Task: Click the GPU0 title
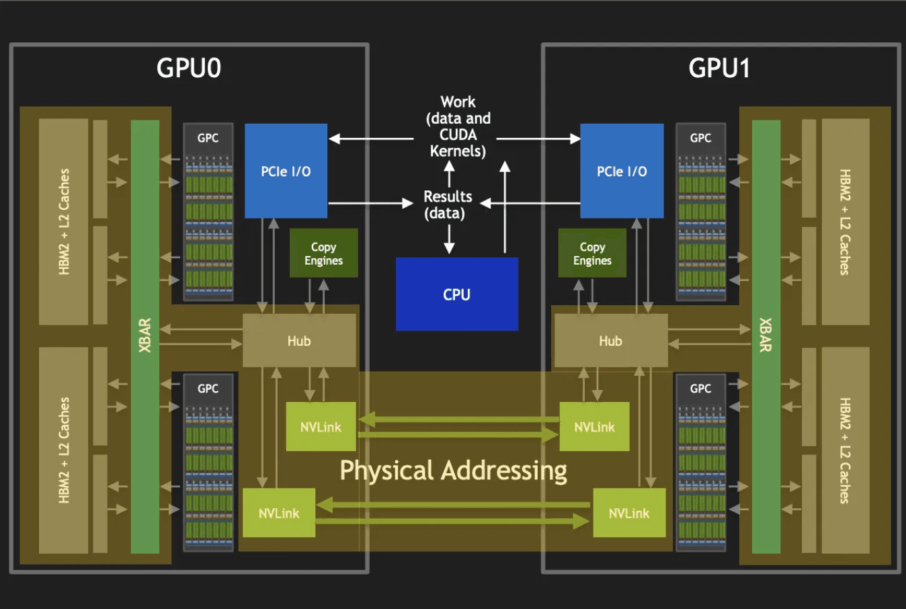point(189,68)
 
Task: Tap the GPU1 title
point(719,68)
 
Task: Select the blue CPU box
point(457,294)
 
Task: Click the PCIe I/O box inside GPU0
point(286,171)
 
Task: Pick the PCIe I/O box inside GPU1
point(622,171)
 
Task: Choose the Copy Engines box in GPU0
point(323,253)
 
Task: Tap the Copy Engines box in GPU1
point(593,253)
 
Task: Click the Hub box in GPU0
point(299,341)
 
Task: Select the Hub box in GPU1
point(611,341)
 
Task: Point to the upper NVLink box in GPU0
point(321,427)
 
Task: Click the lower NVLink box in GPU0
point(279,513)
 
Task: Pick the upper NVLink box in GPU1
point(595,427)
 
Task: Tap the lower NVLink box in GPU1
point(629,513)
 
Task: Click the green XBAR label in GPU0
point(145,335)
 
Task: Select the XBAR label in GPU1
point(766,335)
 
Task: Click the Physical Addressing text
point(454,471)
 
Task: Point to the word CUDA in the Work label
point(458,134)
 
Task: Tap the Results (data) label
point(448,204)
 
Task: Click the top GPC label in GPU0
point(208,138)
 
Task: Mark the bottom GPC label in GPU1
point(700,389)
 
